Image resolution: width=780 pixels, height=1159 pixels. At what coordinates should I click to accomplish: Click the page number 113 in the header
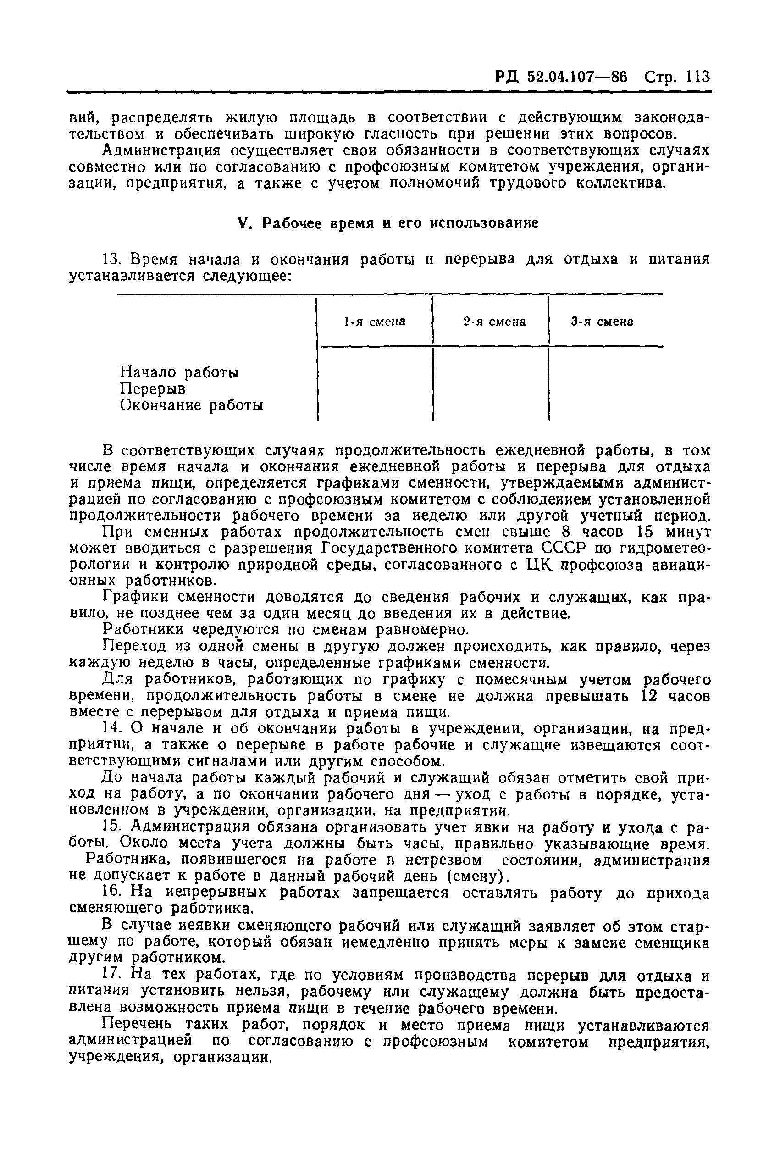pyautogui.click(x=697, y=78)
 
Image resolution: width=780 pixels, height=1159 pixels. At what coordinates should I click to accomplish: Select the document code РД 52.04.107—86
pyautogui.click(x=561, y=78)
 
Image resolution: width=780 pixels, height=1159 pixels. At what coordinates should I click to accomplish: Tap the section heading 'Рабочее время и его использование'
pyautogui.click(x=400, y=223)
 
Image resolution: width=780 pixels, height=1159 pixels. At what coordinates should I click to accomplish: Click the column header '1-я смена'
pyautogui.click(x=375, y=322)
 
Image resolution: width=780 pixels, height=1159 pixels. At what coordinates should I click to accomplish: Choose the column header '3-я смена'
pyautogui.click(x=602, y=322)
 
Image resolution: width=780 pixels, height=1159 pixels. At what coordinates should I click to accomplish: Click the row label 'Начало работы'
pyautogui.click(x=179, y=372)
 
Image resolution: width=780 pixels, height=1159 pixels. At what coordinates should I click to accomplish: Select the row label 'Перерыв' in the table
pyautogui.click(x=153, y=388)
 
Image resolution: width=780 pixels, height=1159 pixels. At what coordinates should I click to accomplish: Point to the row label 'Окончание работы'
pyautogui.click(x=192, y=405)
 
